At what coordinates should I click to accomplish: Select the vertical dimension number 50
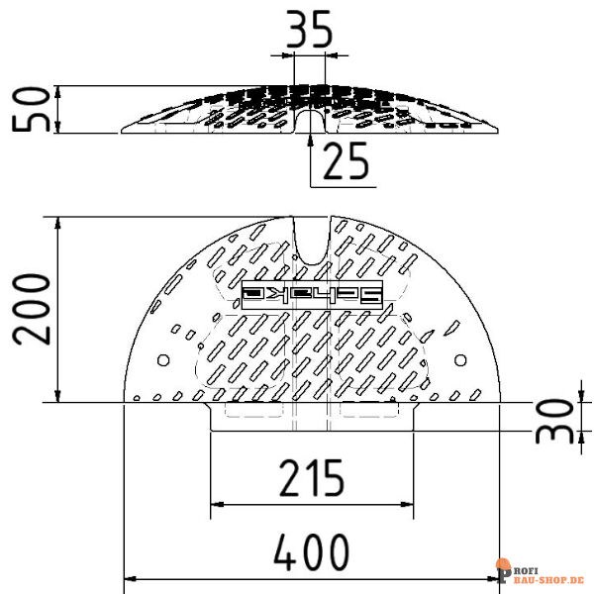pyautogui.click(x=31, y=109)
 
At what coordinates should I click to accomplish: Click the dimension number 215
pyautogui.click(x=311, y=478)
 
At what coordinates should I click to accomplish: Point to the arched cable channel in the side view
pyautogui.click(x=312, y=121)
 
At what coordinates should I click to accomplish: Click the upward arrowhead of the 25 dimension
pyautogui.click(x=312, y=140)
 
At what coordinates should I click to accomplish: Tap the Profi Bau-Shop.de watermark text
pyautogui.click(x=543, y=572)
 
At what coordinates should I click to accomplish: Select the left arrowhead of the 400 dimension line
pyautogui.click(x=128, y=580)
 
